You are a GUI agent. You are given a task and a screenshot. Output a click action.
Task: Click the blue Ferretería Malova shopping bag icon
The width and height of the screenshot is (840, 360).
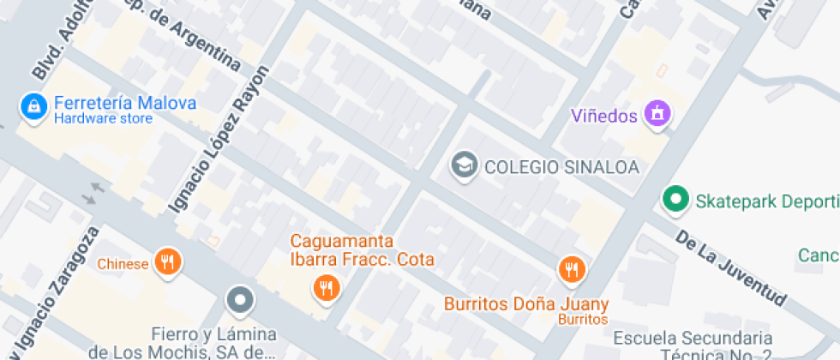(x=33, y=106)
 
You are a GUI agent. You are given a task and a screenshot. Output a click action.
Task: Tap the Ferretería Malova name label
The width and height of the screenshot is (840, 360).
(x=125, y=103)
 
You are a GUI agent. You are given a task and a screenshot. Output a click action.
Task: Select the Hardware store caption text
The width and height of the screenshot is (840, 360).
(x=103, y=118)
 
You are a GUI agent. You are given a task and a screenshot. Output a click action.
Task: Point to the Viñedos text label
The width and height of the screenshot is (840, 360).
(x=606, y=115)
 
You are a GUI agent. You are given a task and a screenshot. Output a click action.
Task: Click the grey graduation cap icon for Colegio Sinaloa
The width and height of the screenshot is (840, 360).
(x=465, y=165)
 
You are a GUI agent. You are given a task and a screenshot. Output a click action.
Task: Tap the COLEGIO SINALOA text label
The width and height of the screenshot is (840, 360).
(x=562, y=167)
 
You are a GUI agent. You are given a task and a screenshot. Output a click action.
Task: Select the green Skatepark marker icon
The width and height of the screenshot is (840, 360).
(x=676, y=201)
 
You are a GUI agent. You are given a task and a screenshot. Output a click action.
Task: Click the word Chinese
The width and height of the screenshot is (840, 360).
(x=123, y=264)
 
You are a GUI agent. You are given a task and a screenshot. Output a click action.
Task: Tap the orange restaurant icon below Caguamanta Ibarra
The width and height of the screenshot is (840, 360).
(x=326, y=288)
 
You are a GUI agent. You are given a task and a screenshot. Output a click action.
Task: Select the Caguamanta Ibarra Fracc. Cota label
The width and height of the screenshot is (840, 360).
(x=362, y=250)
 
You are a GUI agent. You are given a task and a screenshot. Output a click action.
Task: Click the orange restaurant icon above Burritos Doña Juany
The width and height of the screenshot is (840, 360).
(x=571, y=270)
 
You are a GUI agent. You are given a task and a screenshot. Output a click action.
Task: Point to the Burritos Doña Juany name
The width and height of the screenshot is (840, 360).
(x=526, y=303)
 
